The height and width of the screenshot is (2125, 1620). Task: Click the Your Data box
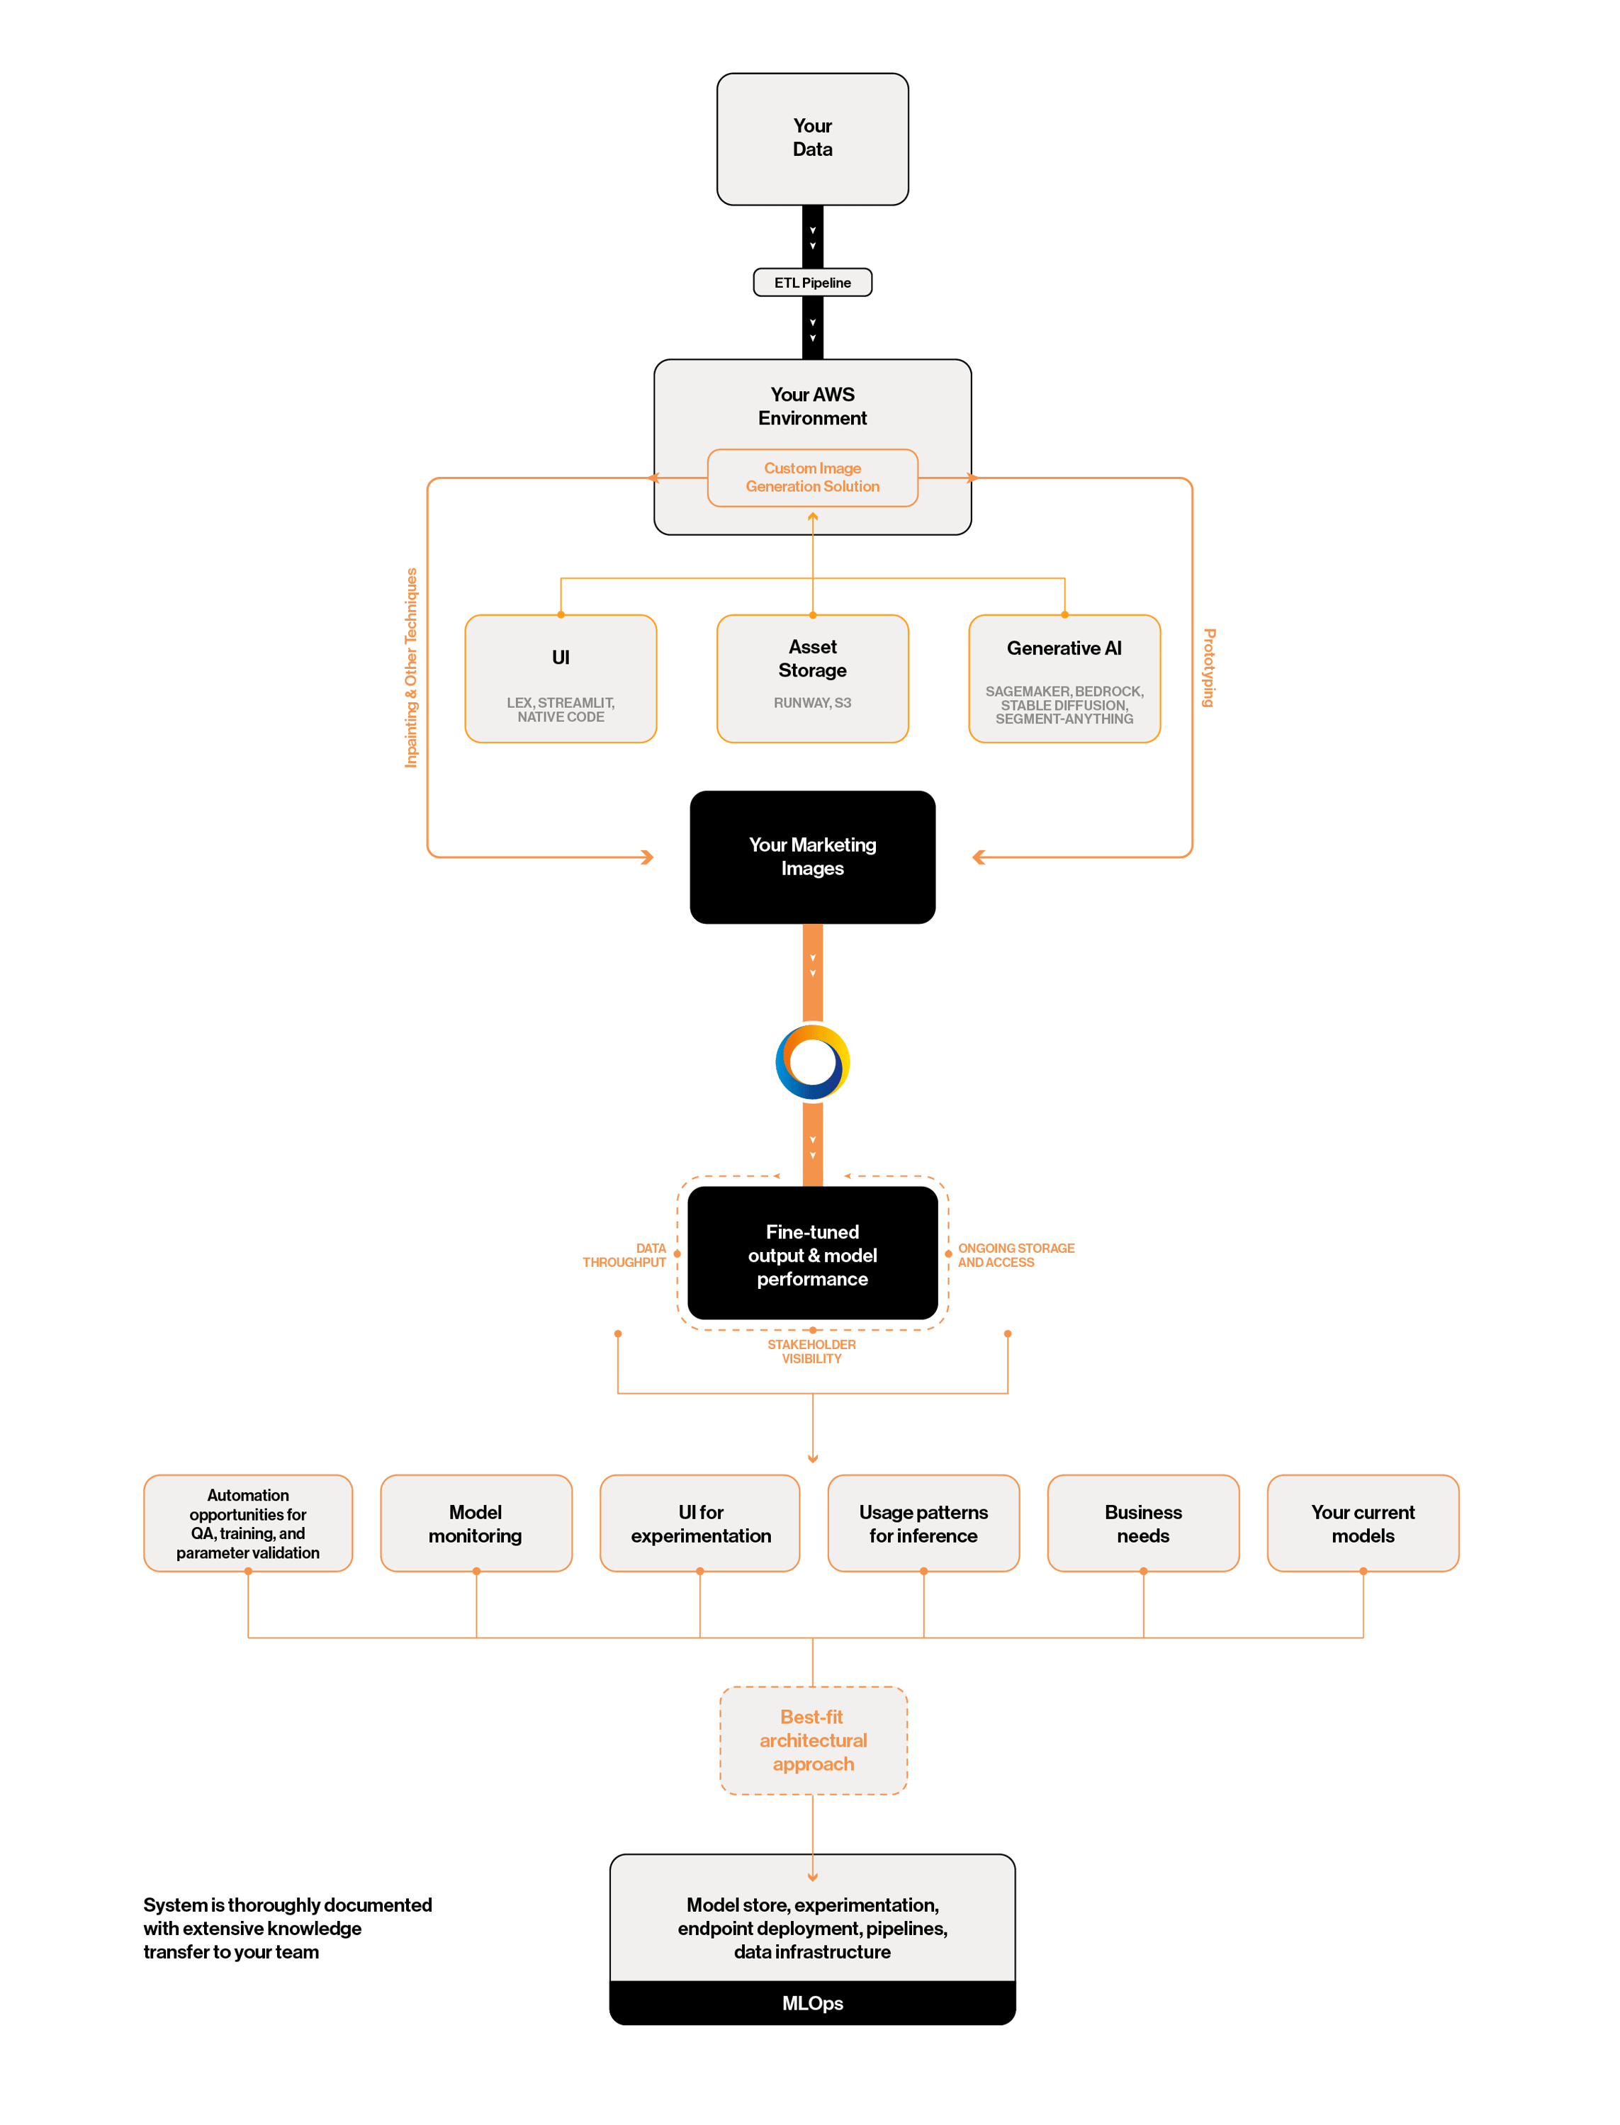click(812, 139)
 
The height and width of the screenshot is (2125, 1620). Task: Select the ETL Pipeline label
click(812, 283)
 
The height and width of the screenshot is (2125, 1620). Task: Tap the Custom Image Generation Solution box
click(812, 478)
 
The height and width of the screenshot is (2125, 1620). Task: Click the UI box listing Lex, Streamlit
click(561, 679)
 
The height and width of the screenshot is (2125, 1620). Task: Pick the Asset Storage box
click(812, 679)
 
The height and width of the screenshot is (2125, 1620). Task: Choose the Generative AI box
click(1064, 679)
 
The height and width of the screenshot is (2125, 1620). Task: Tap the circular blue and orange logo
click(812, 1061)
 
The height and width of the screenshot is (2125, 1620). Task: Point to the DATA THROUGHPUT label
click(626, 1254)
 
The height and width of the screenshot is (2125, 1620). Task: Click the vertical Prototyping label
click(1208, 667)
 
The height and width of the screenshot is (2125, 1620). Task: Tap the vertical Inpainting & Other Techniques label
click(412, 667)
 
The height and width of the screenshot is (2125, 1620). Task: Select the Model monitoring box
click(476, 1523)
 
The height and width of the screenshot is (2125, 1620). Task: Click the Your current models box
click(1363, 1523)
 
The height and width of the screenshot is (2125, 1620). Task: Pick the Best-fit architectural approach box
click(813, 1740)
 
